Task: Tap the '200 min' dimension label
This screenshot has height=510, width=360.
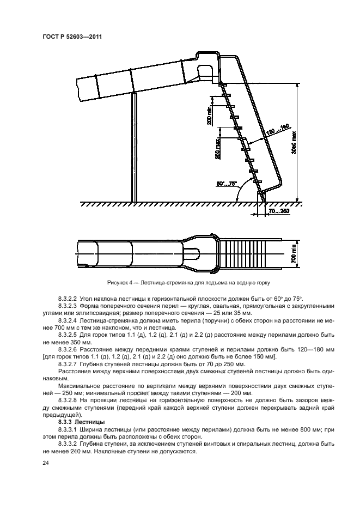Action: pos(209,116)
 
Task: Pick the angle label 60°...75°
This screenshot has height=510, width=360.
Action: pos(227,184)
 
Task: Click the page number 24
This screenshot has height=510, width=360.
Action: pos(44,463)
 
